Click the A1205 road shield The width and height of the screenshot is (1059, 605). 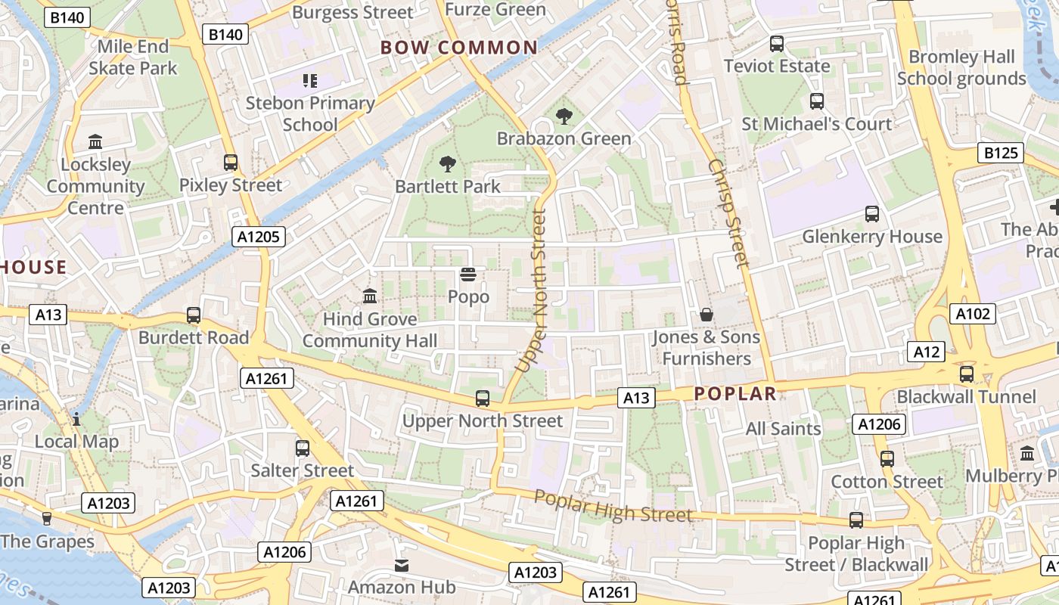point(259,237)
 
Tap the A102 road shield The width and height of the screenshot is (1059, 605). point(973,314)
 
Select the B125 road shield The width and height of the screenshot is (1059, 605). point(1002,154)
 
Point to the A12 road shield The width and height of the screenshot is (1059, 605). point(926,351)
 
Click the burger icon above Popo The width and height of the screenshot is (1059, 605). point(468,275)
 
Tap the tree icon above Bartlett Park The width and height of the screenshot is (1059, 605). point(448,163)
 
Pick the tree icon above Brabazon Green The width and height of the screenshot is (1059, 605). point(564,116)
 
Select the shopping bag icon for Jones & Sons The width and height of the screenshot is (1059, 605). point(707,314)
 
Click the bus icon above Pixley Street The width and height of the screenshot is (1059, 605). point(231,162)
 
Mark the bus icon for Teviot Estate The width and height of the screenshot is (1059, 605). point(777,44)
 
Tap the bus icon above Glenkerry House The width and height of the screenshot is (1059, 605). point(872,214)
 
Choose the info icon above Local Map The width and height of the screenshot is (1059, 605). point(76,419)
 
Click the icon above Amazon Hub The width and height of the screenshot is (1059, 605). point(402,565)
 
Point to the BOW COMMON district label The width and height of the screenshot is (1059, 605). point(459,48)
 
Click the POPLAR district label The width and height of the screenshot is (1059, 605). point(735,393)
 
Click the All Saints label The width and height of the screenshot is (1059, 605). point(783,429)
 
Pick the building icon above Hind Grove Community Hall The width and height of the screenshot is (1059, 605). point(370,296)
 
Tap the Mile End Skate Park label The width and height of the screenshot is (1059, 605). point(133,57)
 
